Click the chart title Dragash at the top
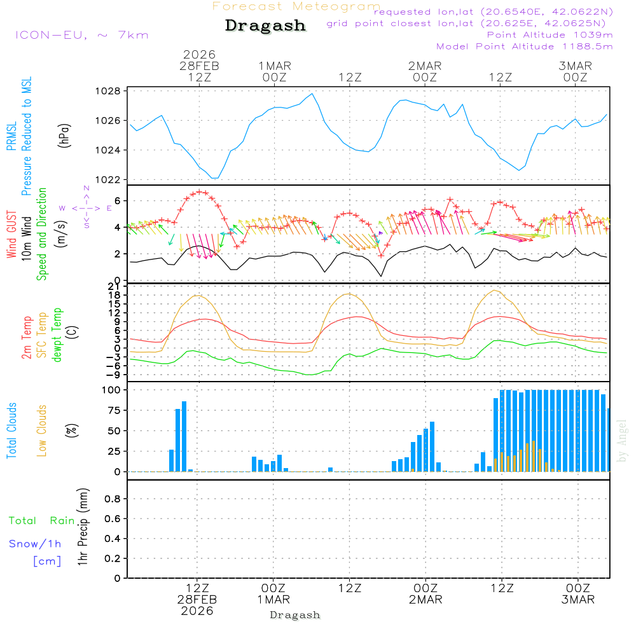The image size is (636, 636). pyautogui.click(x=265, y=26)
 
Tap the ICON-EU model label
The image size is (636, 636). pyautogui.click(x=81, y=35)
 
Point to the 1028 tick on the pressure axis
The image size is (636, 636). pyautogui.click(x=111, y=91)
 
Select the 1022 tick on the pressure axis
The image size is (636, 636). pyautogui.click(x=111, y=180)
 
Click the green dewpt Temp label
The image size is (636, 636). pyautogui.click(x=57, y=335)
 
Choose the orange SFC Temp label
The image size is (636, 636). pyautogui.click(x=42, y=335)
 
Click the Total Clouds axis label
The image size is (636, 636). pyautogui.click(x=11, y=430)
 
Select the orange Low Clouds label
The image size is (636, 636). pyautogui.click(x=42, y=430)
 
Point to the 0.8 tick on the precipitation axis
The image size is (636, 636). pyautogui.click(x=112, y=499)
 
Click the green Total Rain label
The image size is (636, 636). pyautogui.click(x=42, y=521)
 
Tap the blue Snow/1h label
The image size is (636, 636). pyautogui.click(x=36, y=544)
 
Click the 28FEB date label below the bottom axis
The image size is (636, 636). pyautogui.click(x=197, y=600)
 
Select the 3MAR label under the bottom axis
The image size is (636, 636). pyautogui.click(x=578, y=600)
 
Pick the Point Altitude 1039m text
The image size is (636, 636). pyautogui.click(x=550, y=35)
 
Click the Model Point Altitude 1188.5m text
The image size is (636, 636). pyautogui.click(x=524, y=46)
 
